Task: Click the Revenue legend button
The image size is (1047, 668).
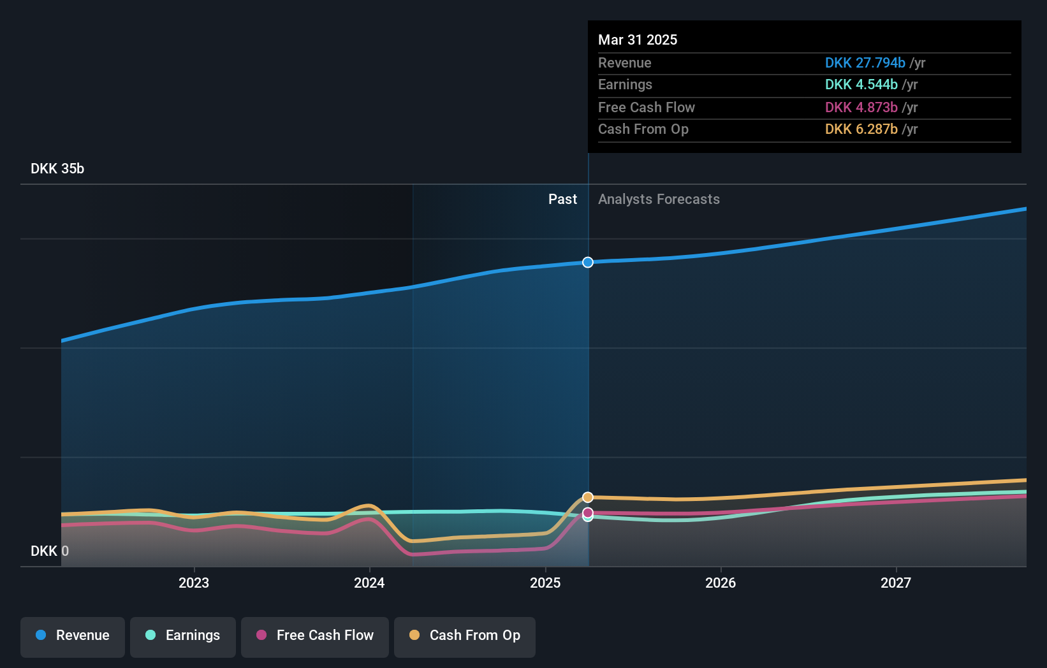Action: tap(73, 635)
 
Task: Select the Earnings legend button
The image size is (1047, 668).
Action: tap(183, 635)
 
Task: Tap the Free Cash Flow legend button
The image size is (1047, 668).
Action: tap(315, 635)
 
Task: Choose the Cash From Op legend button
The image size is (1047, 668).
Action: tap(465, 635)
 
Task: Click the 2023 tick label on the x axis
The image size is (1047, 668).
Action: tap(194, 583)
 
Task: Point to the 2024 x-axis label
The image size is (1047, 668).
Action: tap(369, 583)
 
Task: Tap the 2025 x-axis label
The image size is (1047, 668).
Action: tap(545, 583)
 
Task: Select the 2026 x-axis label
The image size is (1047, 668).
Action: tap(721, 583)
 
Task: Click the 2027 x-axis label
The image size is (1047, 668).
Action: tap(896, 583)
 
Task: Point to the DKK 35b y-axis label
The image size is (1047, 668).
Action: tap(57, 169)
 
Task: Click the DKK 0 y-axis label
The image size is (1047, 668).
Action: tap(50, 551)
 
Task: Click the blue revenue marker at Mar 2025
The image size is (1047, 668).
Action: tap(588, 263)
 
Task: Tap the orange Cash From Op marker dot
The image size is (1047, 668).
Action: tap(588, 497)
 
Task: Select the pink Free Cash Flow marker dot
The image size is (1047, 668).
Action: tap(588, 512)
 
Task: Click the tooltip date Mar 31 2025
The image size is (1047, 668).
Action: tap(638, 40)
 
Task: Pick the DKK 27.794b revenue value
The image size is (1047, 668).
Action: tap(865, 62)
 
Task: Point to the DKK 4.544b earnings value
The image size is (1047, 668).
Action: tap(861, 85)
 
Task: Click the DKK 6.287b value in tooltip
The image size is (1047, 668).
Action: tap(861, 129)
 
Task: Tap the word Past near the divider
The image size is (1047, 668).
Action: tap(562, 200)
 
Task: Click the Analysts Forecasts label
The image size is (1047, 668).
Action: tap(659, 200)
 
